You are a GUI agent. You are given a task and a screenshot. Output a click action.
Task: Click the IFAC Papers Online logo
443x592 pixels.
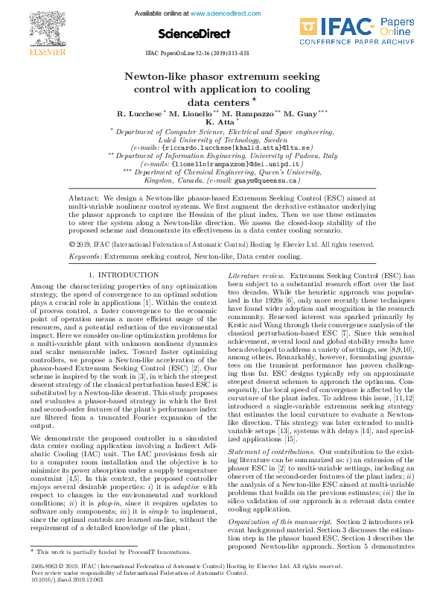[369, 31]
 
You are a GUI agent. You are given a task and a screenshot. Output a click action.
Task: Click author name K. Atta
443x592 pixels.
[219, 121]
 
